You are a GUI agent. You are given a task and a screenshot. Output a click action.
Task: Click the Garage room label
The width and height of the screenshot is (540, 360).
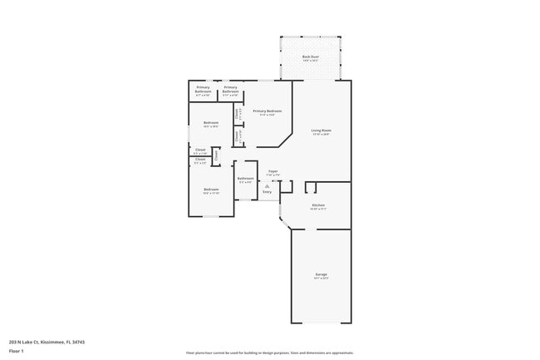pyautogui.click(x=321, y=274)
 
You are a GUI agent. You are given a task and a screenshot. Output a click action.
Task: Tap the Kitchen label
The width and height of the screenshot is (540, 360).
pyautogui.click(x=318, y=205)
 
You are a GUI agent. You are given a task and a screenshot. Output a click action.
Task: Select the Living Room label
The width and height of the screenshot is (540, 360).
pyautogui.click(x=322, y=130)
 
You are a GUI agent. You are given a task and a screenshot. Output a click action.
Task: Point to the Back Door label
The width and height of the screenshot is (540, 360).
pyautogui.click(x=311, y=57)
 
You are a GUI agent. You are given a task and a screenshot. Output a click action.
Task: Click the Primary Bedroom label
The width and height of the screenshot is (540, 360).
pyautogui.click(x=268, y=111)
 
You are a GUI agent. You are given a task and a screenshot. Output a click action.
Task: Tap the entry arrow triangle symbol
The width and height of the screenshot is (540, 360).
pyautogui.click(x=267, y=186)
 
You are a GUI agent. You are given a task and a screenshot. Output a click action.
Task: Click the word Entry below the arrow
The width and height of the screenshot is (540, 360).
pyautogui.click(x=267, y=192)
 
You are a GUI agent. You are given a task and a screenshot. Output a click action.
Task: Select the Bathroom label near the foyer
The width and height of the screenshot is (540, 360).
pyautogui.click(x=245, y=178)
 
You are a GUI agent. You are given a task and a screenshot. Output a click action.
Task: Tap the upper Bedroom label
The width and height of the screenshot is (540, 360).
pyautogui.click(x=211, y=122)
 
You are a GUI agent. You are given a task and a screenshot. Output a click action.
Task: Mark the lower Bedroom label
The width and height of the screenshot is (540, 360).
pyautogui.click(x=211, y=189)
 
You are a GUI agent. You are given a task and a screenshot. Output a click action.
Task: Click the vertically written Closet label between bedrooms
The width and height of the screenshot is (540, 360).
pyautogui.click(x=216, y=154)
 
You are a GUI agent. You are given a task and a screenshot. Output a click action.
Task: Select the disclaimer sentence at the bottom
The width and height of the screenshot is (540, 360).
pyautogui.click(x=269, y=353)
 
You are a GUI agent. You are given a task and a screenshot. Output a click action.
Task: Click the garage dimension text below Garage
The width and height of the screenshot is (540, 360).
pyautogui.click(x=321, y=278)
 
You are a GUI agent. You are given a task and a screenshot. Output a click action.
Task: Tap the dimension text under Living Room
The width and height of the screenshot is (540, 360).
pyautogui.click(x=322, y=134)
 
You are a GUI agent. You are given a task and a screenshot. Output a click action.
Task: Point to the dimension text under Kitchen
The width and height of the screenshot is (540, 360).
pyautogui.click(x=318, y=209)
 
